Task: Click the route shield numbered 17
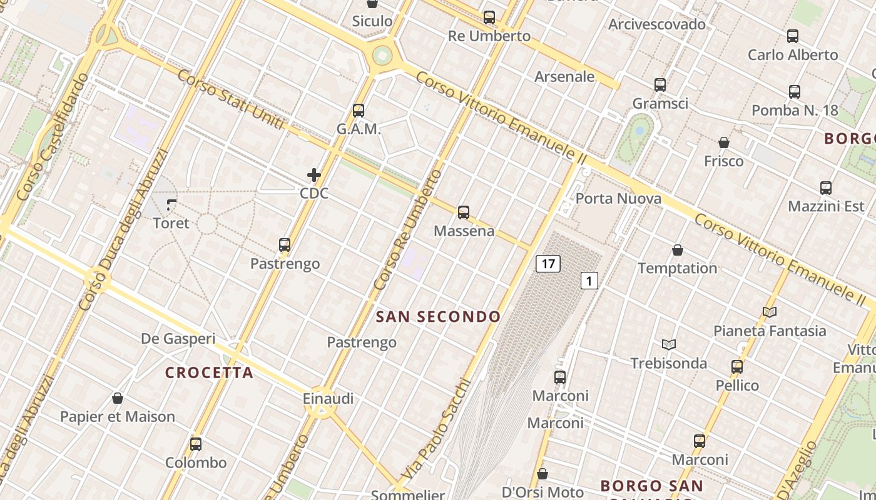pos(548,264)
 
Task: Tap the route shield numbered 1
pos(589,281)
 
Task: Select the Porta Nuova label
pos(618,199)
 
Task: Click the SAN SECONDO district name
pos(438,317)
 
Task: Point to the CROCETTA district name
pos(209,373)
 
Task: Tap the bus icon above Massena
pos(464,212)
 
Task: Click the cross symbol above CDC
pos(314,175)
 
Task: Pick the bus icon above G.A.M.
pos(359,111)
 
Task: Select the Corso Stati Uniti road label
pos(231,103)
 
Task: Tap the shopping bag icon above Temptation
pos(677,251)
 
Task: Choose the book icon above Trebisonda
pos(669,345)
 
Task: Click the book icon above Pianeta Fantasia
pos(770,312)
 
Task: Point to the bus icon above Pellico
pos(737,367)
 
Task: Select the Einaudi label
pos(328,398)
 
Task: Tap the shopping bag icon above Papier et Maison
pos(117,398)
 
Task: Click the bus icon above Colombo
pos(196,444)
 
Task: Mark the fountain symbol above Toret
pos(171,204)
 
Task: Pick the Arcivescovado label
pos(657,24)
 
